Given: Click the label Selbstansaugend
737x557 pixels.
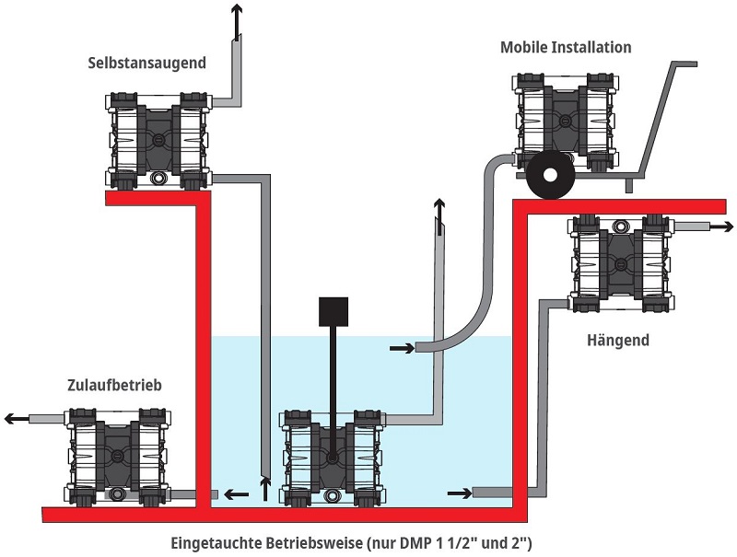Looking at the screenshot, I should pyautogui.click(x=146, y=64).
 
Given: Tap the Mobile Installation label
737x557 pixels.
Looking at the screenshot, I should pyautogui.click(x=566, y=47).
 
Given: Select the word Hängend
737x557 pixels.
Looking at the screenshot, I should pyautogui.click(x=617, y=341).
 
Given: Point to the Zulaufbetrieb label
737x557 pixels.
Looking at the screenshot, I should pyautogui.click(x=114, y=385).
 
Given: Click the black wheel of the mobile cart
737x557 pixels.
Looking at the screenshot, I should pyautogui.click(x=551, y=174).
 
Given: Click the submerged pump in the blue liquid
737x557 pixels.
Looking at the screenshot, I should pyautogui.click(x=331, y=457).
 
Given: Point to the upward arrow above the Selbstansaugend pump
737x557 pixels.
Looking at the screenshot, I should pyautogui.click(x=237, y=17).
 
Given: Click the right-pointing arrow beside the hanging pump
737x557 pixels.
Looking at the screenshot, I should pyautogui.click(x=720, y=226).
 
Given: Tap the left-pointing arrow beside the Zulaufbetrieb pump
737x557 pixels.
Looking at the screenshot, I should pyautogui.click(x=16, y=419).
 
